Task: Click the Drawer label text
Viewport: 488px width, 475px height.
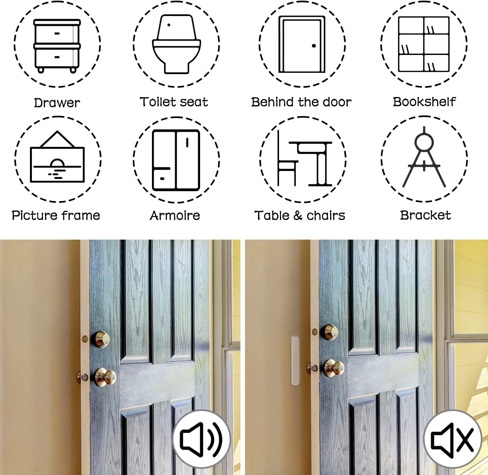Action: pyautogui.click(x=57, y=103)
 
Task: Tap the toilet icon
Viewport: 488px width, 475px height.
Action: pyautogui.click(x=176, y=44)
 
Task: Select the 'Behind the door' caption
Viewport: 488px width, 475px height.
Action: pyautogui.click(x=301, y=102)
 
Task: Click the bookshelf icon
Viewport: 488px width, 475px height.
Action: pyautogui.click(x=424, y=44)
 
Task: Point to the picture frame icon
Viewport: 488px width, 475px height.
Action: pyautogui.click(x=57, y=157)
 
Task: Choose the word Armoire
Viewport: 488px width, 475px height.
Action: pyautogui.click(x=175, y=215)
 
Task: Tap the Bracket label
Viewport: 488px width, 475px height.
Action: pyautogui.click(x=425, y=215)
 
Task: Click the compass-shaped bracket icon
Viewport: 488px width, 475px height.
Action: pyautogui.click(x=424, y=157)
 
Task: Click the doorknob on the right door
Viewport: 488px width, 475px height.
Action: pyautogui.click(x=334, y=368)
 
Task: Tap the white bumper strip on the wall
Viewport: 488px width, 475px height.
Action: pyautogui.click(x=295, y=361)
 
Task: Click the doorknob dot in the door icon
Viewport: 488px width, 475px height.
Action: pyautogui.click(x=314, y=46)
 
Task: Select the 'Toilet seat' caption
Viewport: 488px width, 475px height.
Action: pyautogui.click(x=174, y=102)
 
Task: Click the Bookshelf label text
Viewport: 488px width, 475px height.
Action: pyautogui.click(x=424, y=102)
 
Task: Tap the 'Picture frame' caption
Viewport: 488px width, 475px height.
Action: pyautogui.click(x=56, y=215)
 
